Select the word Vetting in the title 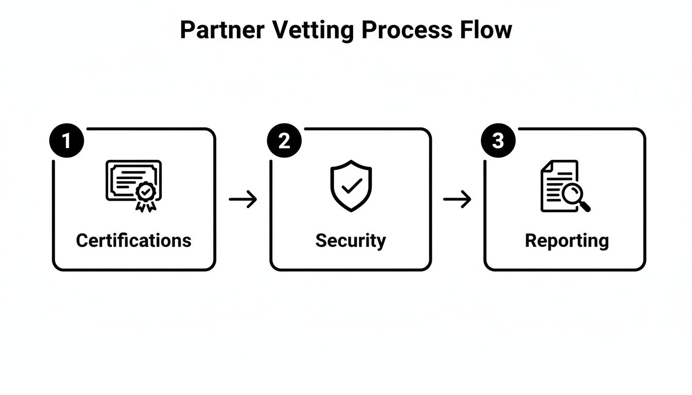[313, 30]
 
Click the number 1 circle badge [66, 140]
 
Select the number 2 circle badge [284, 140]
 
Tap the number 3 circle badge [498, 140]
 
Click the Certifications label [133, 240]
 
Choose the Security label [350, 240]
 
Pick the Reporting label [566, 240]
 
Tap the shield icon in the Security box [351, 185]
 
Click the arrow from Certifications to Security [243, 199]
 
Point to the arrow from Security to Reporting [457, 199]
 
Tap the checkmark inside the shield [351, 186]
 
